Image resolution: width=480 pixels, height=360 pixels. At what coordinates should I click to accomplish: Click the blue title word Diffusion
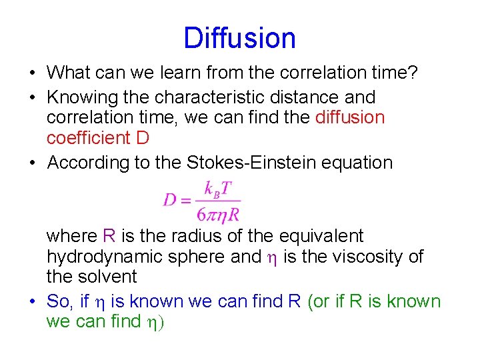(x=239, y=38)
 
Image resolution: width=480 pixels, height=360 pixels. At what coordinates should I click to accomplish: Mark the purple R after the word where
(x=110, y=236)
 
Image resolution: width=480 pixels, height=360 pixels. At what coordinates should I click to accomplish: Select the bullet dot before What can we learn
(x=33, y=72)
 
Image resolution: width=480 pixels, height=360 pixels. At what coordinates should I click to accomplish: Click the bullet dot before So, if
(x=33, y=302)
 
